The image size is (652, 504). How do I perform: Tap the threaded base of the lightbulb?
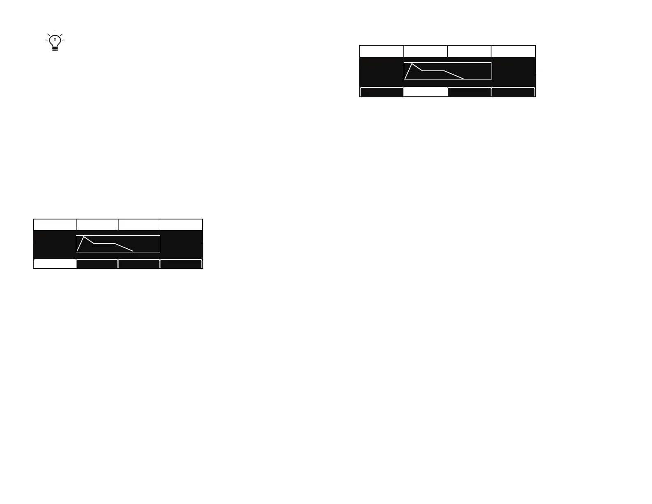[55, 48]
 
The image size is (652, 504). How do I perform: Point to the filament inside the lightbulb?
[55, 41]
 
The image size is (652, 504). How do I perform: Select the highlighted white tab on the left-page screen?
[55, 264]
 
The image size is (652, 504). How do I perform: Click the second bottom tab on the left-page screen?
[97, 264]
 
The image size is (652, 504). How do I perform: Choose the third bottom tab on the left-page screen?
[139, 264]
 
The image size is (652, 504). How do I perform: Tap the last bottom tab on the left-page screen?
[181, 264]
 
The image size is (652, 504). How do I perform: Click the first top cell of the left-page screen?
[55, 225]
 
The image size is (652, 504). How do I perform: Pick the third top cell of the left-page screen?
[139, 225]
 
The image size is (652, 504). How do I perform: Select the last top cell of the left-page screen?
[181, 225]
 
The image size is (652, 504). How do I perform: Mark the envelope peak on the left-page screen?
[84, 237]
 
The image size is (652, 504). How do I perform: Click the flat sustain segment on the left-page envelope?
[105, 244]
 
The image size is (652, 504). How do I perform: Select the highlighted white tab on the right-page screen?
[426, 92]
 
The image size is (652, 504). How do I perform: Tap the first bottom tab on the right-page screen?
[382, 92]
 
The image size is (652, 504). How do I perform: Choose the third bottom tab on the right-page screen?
[469, 92]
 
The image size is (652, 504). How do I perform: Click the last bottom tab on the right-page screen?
[513, 92]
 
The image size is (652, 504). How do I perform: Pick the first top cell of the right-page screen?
[382, 51]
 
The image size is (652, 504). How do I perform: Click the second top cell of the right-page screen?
[426, 51]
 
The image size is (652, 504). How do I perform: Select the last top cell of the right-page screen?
[513, 51]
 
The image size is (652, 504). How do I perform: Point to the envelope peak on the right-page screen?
[412, 64]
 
